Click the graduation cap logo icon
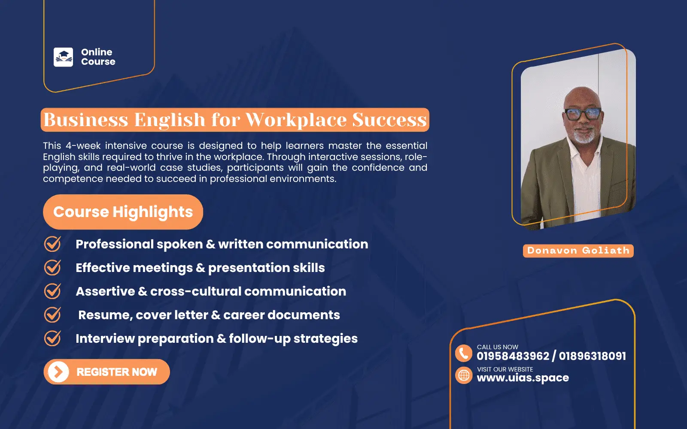[x=63, y=57]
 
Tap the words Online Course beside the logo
[x=98, y=57]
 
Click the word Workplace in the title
[x=296, y=120]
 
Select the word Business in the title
[x=86, y=120]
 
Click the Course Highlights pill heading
[x=123, y=212]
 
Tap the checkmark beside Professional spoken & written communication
[x=52, y=244]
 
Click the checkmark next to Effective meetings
[x=52, y=268]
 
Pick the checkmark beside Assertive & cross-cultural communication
[x=52, y=291]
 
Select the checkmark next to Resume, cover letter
[x=52, y=315]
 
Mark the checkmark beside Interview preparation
[x=52, y=338]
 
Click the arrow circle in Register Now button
[x=58, y=372]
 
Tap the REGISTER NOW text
[x=117, y=372]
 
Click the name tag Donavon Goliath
[x=578, y=251]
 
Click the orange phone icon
[x=464, y=353]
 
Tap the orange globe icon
[x=464, y=376]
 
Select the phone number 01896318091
[x=592, y=356]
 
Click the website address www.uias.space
[x=523, y=378]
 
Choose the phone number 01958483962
[x=513, y=356]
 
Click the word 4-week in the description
[x=83, y=146]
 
